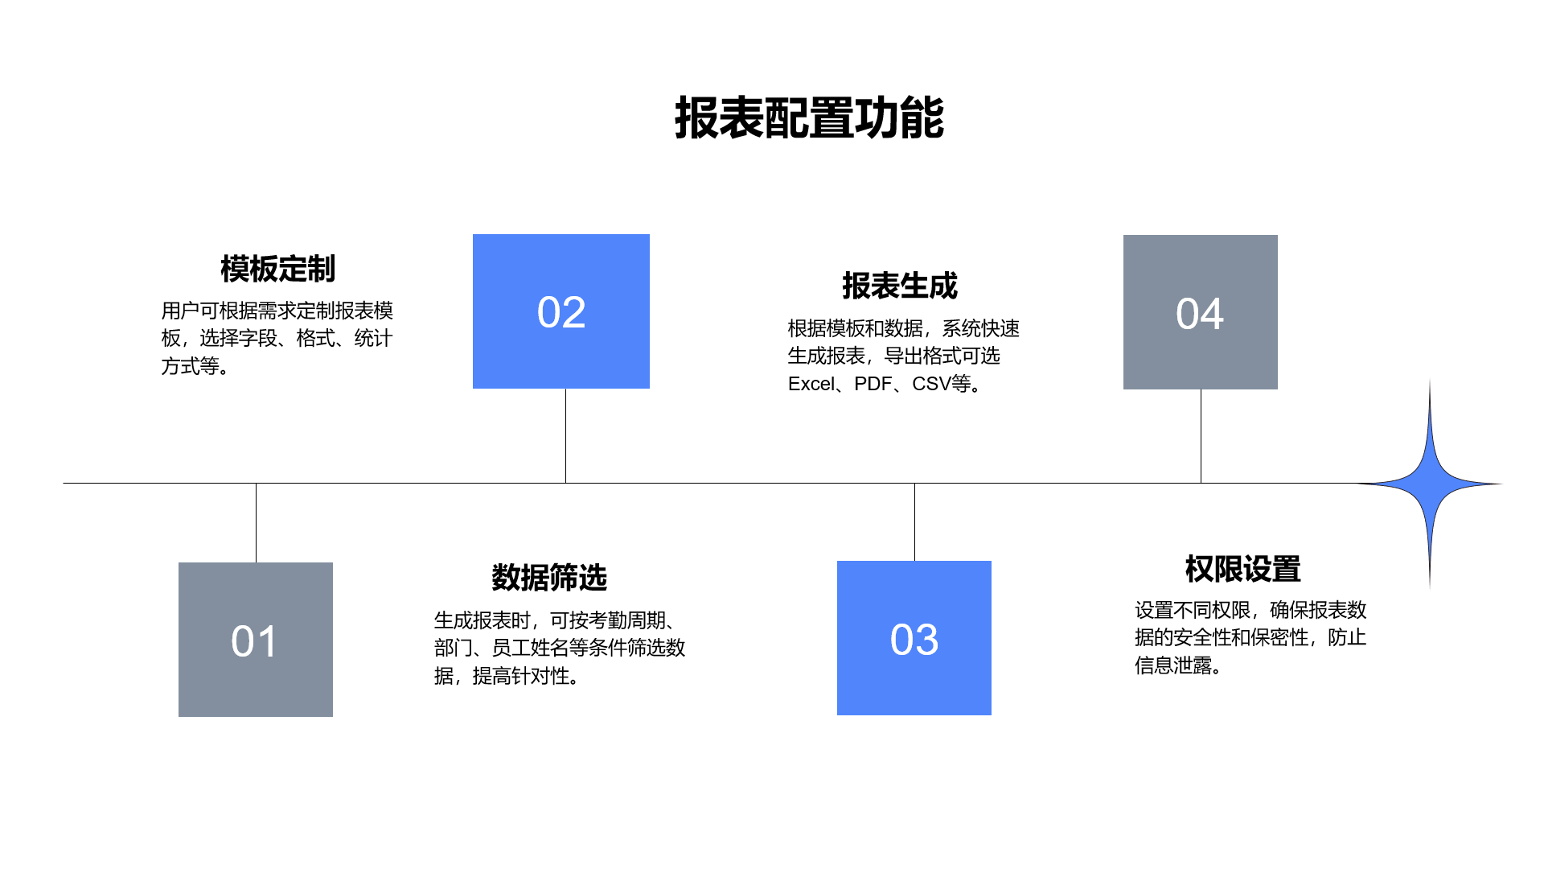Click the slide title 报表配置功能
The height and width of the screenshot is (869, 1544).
click(x=809, y=118)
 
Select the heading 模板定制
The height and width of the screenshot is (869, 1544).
click(x=277, y=269)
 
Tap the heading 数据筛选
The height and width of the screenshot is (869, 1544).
click(x=549, y=578)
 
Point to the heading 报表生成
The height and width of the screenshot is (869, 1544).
click(x=900, y=286)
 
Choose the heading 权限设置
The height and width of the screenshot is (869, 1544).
click(x=1242, y=569)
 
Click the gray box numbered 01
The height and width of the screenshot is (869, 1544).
click(x=256, y=640)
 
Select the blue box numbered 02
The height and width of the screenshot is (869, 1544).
click(x=561, y=311)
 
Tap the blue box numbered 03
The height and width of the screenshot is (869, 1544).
click(x=914, y=638)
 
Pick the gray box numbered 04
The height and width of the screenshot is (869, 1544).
click(x=1201, y=312)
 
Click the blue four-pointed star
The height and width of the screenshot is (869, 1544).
click(x=1430, y=484)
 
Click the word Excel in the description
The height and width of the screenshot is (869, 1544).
click(x=811, y=384)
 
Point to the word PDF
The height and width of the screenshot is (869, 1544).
click(x=873, y=384)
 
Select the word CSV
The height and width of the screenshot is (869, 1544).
click(x=931, y=384)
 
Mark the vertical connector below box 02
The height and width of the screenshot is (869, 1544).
click(x=565, y=436)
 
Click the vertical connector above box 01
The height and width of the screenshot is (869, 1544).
click(x=256, y=523)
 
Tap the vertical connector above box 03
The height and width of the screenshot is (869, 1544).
click(x=914, y=522)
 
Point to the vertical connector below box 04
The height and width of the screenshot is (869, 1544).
click(x=1201, y=436)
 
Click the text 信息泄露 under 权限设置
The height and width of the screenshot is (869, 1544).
click(x=1173, y=665)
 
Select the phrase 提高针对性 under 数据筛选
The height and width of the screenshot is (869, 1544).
click(x=521, y=676)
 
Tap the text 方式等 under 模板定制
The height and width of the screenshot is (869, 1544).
click(x=191, y=366)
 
